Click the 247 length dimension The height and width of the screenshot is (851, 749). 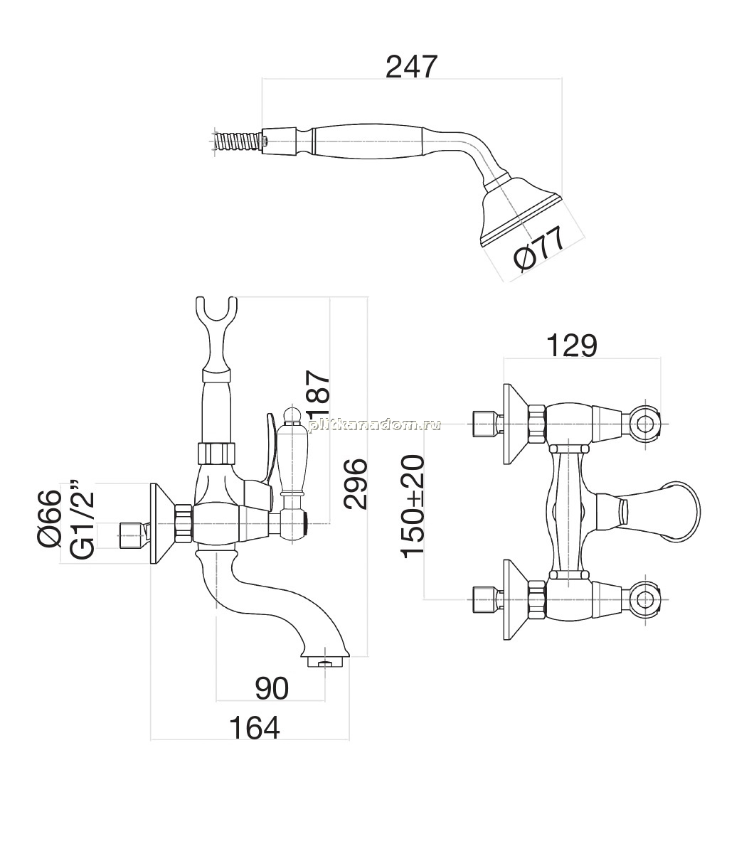click(411, 67)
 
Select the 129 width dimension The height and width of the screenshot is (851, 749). click(571, 346)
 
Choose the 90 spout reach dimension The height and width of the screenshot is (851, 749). click(272, 689)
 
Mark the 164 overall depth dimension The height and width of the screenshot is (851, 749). click(254, 728)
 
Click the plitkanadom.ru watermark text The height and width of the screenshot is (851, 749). click(374, 425)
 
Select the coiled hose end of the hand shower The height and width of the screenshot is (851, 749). click(240, 144)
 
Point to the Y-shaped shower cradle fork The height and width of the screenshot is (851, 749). click(216, 333)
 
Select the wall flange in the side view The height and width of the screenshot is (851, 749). click(161, 523)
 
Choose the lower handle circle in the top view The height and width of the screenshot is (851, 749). click(645, 600)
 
